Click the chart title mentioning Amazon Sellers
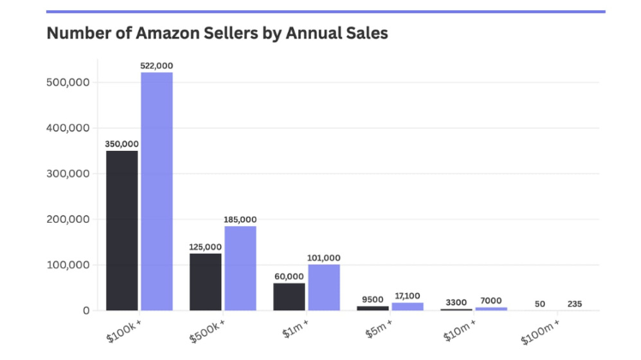point(217,34)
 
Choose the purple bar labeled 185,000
point(240,267)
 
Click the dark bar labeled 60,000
point(290,296)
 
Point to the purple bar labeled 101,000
point(324,286)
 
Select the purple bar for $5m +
point(407,306)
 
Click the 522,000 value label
point(157,66)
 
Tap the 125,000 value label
point(206,247)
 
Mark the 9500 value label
point(372,300)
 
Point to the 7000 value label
point(491,301)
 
